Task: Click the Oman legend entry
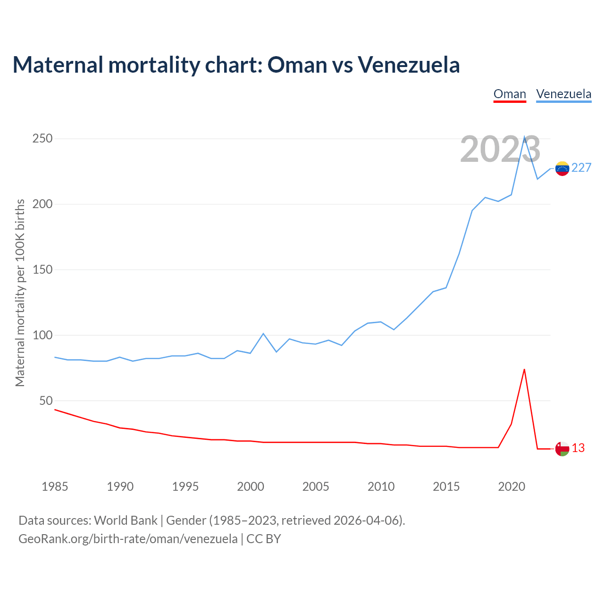510,94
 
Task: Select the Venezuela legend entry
563,94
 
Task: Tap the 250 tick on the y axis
42,139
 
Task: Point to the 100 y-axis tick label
42,336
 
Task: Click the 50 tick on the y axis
46,401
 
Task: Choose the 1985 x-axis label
55,487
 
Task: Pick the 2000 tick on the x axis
251,487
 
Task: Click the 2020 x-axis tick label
512,487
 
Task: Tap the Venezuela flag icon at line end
562,168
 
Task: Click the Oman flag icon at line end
562,449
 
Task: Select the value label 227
581,168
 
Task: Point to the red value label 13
578,448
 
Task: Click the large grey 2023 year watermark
500,150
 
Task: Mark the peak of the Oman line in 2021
524,369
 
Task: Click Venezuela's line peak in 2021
524,137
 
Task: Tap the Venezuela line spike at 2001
263,334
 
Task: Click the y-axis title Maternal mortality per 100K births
20,293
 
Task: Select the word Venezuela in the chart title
409,65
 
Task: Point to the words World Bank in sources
126,520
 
